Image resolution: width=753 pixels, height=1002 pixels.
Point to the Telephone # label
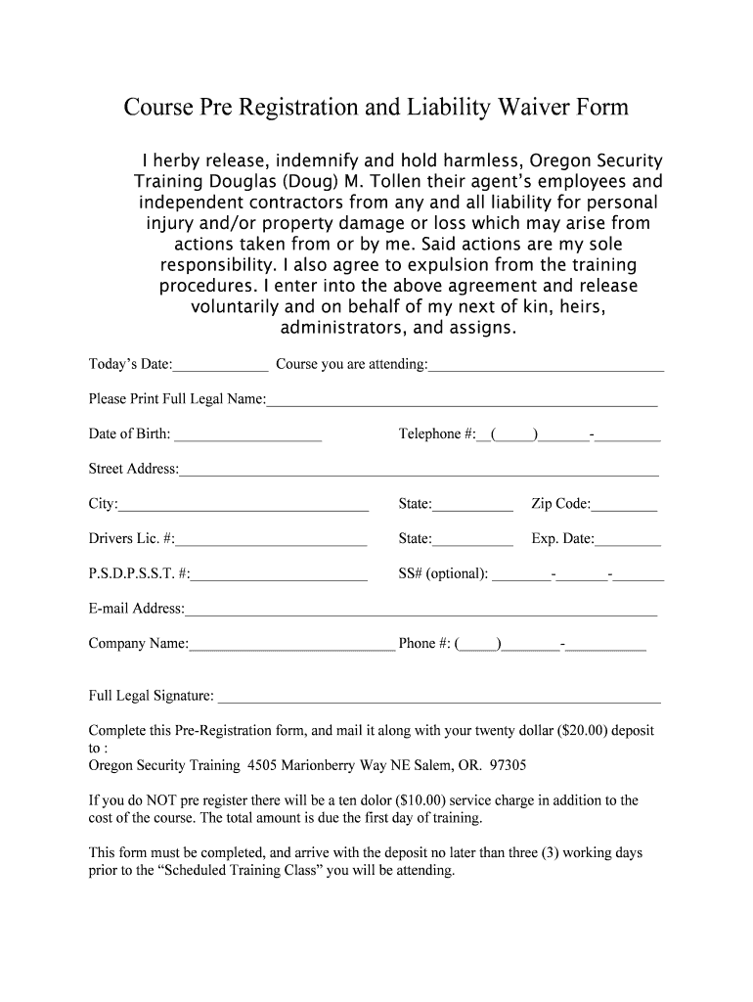436,433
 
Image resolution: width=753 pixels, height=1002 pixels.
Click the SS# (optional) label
443,573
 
